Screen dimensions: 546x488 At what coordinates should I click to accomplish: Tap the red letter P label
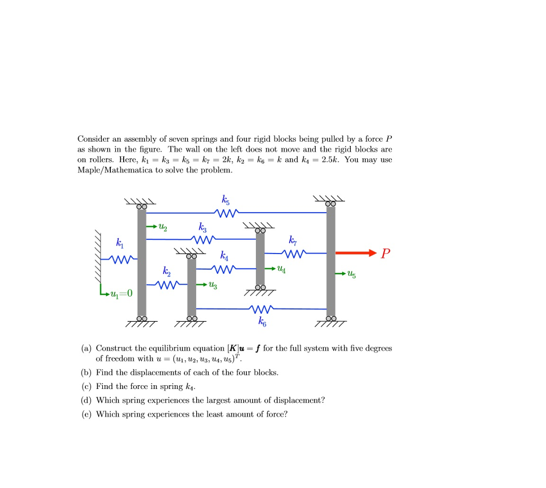click(x=386, y=254)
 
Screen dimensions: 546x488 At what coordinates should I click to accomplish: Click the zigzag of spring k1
click(x=122, y=259)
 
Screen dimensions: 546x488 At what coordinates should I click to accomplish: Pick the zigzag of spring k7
click(x=294, y=253)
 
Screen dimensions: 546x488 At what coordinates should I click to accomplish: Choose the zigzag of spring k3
click(x=205, y=239)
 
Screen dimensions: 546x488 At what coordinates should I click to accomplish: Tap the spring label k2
click(x=167, y=273)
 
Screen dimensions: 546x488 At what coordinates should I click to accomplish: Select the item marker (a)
click(x=86, y=348)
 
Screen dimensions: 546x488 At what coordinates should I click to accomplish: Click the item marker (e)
click(x=86, y=414)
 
